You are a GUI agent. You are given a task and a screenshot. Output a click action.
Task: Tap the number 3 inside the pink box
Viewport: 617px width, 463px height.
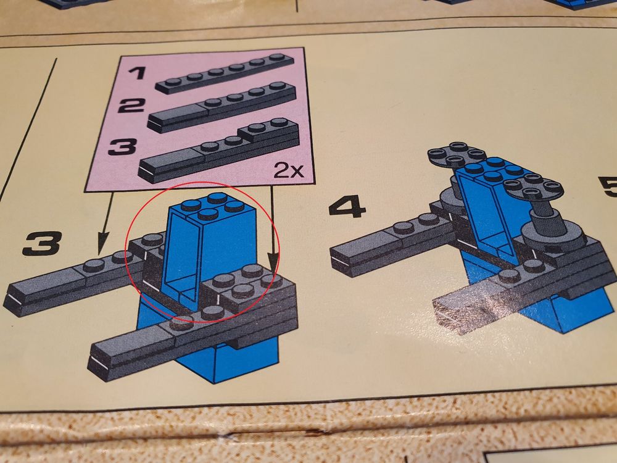tap(122, 146)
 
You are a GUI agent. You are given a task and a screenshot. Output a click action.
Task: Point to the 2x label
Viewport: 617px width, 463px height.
tap(289, 170)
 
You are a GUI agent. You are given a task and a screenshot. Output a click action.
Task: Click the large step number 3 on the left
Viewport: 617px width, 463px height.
tap(42, 243)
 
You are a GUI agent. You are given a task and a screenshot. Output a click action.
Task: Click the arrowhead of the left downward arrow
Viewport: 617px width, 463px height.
tap(102, 243)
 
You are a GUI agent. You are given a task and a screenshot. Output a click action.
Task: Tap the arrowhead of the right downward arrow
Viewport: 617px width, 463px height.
tap(272, 261)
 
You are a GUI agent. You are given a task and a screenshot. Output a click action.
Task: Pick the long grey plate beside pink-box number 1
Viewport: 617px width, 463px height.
tap(225, 73)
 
